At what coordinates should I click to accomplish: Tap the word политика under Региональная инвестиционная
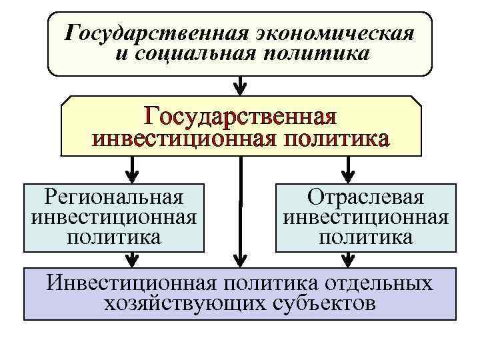[x=113, y=237]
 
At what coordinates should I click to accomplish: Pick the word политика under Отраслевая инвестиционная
[x=365, y=237]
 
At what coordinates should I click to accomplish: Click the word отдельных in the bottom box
[x=378, y=283]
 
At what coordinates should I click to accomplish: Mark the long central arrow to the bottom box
[x=241, y=213]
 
